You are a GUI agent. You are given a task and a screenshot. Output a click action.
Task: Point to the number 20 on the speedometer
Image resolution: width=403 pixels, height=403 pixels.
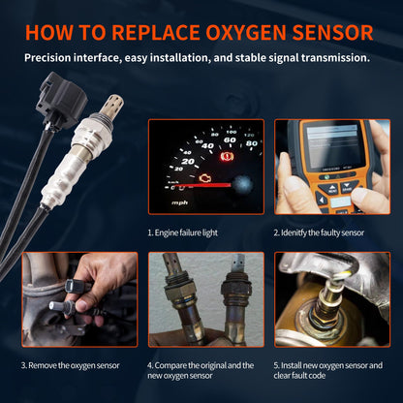pyautogui.click(x=188, y=161)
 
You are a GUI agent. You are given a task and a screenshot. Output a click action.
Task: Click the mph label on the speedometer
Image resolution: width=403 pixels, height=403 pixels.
pyautogui.click(x=180, y=203)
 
